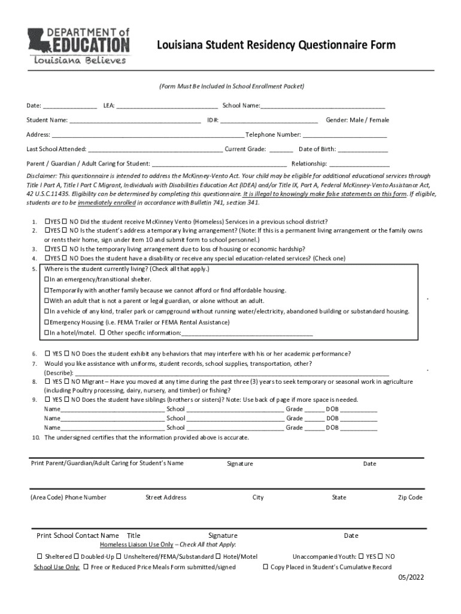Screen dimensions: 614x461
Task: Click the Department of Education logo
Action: [x=77, y=46]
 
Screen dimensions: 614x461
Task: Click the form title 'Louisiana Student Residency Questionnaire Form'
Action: [x=276, y=46]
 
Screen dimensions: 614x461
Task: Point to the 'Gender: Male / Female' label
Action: [x=357, y=121]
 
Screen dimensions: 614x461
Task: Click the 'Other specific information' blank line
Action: [x=247, y=333]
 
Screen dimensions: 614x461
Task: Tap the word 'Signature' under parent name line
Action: [x=240, y=463]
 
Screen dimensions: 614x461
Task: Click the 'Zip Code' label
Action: [x=410, y=498]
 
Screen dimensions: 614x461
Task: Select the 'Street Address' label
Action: [x=166, y=498]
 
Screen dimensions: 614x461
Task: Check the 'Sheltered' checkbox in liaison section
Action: [x=40, y=556]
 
